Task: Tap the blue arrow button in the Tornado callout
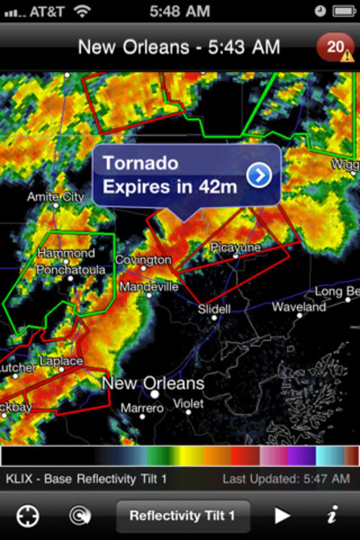259,175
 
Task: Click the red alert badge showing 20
335,47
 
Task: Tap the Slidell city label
215,309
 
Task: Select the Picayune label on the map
235,247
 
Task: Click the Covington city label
143,260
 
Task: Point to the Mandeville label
149,287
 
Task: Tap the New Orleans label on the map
153,383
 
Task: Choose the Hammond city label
66,253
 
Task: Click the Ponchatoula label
71,270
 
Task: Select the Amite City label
55,197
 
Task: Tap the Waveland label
299,307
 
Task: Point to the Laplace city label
61,361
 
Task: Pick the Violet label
189,404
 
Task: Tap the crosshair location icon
28,516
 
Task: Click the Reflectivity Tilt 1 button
182,516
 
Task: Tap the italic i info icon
332,516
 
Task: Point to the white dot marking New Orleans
155,395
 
